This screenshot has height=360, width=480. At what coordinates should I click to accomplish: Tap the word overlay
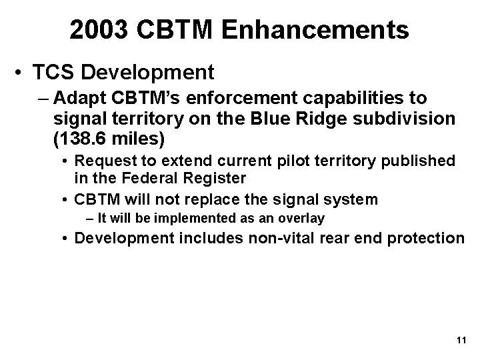[x=301, y=218]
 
